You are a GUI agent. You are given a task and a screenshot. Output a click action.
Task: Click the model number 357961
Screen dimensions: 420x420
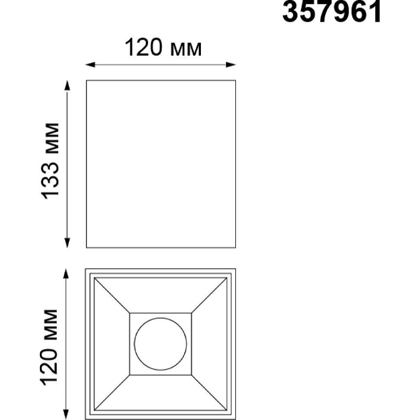point(332,12)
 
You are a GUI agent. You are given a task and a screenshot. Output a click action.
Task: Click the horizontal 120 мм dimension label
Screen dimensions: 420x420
point(163,48)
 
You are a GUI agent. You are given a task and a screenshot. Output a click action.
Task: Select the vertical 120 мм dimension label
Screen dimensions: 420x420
point(48,348)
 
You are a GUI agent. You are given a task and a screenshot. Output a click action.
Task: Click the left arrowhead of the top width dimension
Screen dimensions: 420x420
point(90,65)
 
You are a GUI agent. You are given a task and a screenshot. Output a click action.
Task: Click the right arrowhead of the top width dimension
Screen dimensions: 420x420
point(231,65)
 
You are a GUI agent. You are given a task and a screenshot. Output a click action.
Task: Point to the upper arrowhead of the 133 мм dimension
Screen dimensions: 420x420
point(68,85)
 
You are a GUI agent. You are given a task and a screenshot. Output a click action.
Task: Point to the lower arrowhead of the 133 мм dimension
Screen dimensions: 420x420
point(68,243)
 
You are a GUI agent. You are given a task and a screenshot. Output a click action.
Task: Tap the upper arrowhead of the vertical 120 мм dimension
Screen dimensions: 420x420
point(66,274)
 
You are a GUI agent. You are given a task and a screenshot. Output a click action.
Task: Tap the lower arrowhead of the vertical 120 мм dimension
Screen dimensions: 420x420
point(66,415)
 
